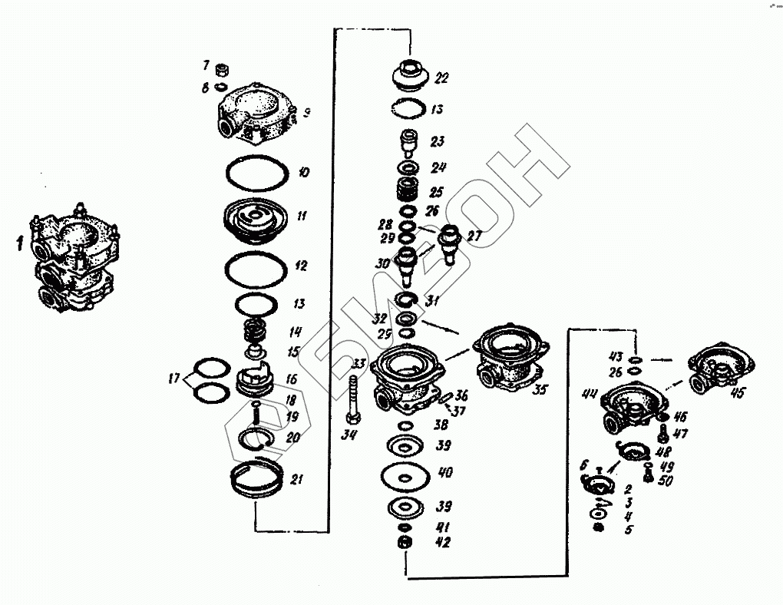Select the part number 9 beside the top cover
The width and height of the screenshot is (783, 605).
(306, 113)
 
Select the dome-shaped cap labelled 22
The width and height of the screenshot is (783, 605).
(410, 77)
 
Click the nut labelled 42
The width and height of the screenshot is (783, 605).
(404, 543)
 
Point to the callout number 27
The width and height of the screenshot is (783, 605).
(474, 236)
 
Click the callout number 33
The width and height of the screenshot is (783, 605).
(358, 363)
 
